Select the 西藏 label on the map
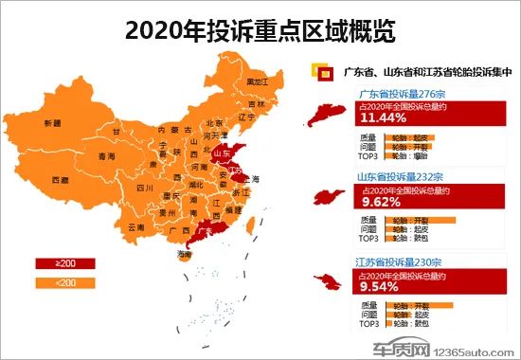(60, 180)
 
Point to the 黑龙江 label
(258, 82)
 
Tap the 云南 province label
(135, 227)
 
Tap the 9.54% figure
(378, 283)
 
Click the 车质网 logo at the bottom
(399, 347)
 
